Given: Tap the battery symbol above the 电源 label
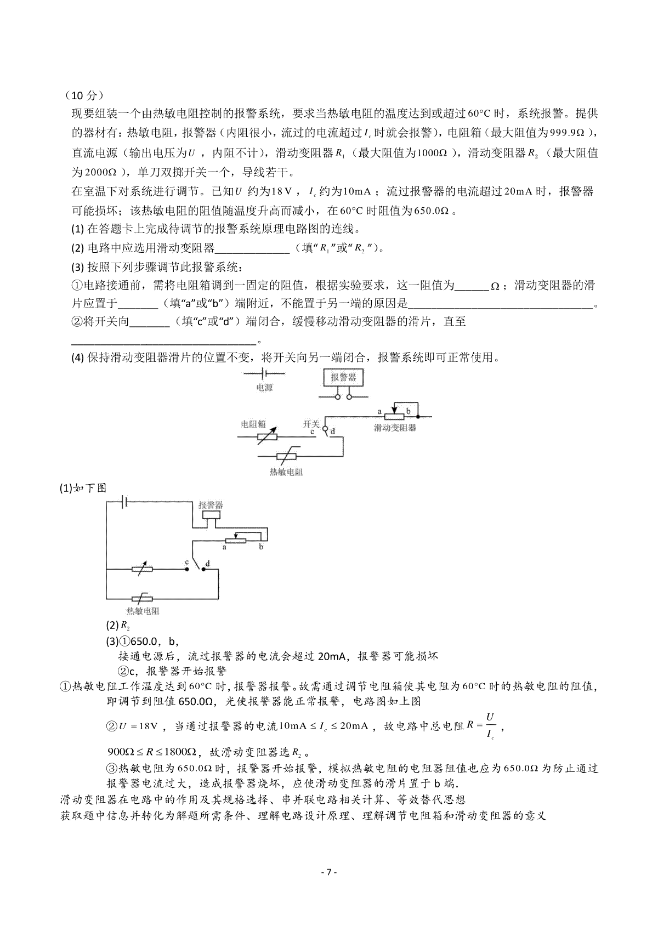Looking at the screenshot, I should coord(264,374).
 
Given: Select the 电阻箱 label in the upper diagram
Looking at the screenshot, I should coord(253,424).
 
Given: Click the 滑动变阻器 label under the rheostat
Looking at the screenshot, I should coord(395,428).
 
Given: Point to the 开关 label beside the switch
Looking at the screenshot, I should coord(311,424).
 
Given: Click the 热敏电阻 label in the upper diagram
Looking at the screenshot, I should coord(286,472).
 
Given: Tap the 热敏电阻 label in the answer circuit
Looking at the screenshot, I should coord(143,611).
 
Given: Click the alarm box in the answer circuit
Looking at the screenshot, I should coord(211,515).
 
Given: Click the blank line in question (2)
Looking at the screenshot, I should coord(253,248).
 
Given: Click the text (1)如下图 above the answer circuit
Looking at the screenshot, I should coord(83,488).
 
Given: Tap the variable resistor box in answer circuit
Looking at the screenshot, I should coord(142,570).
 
